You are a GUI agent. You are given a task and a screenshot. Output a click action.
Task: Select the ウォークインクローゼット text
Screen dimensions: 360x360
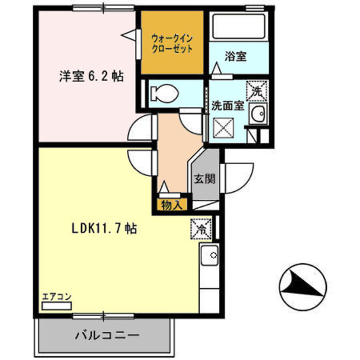[173, 43]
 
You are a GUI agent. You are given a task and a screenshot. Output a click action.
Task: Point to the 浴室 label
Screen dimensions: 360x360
[235, 56]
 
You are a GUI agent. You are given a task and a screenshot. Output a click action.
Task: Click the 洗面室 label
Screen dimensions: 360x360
[227, 106]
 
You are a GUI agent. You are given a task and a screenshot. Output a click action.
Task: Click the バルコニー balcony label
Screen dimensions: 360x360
[107, 336]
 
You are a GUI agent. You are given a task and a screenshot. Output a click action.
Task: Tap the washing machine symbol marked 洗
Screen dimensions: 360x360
[256, 90]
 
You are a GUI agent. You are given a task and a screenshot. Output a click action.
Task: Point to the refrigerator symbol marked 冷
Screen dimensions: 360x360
[201, 228]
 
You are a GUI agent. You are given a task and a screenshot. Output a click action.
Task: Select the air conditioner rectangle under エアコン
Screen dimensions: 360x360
[57, 306]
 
